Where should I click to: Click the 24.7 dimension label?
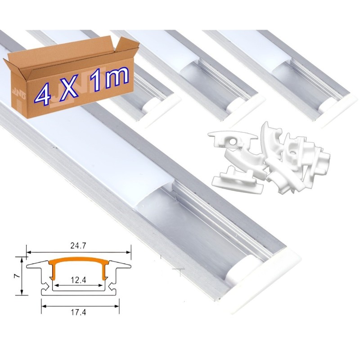(x=78, y=246)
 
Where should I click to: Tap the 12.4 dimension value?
(x=78, y=280)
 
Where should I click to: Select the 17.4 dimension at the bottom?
(x=78, y=312)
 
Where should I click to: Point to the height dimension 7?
(x=16, y=276)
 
